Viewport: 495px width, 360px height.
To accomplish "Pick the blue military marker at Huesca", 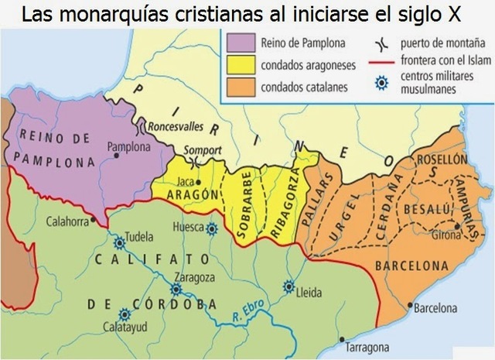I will click(213, 228).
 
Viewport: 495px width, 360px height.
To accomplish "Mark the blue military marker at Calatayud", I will click(124, 314).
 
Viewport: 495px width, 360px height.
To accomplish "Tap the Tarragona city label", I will click(367, 346).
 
